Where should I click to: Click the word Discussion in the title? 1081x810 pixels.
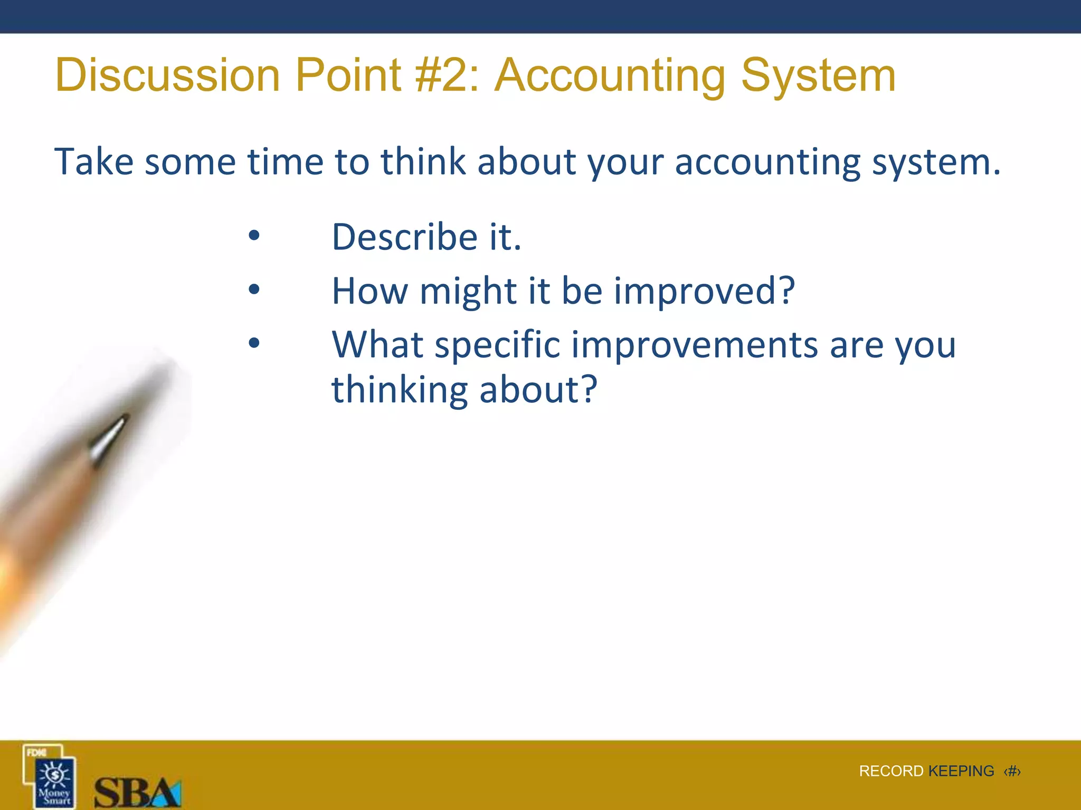pos(167,75)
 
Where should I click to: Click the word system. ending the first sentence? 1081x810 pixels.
pos(936,162)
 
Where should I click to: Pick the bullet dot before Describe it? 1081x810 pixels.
pos(254,236)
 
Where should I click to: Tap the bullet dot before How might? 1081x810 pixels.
pos(254,289)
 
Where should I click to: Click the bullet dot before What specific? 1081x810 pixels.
pos(254,343)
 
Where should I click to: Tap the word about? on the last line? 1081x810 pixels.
pos(538,390)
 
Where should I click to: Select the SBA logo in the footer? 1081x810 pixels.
pos(137,793)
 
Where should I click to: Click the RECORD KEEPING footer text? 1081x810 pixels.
pos(926,771)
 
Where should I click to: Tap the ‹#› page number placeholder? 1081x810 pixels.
pos(1012,772)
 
